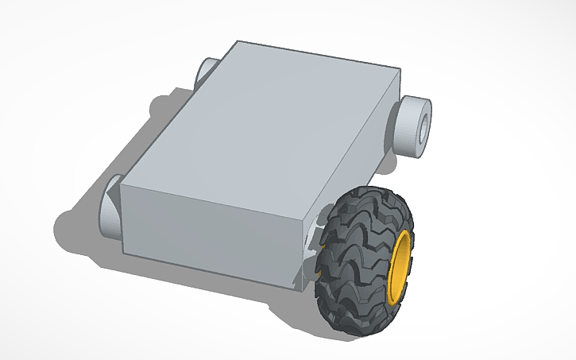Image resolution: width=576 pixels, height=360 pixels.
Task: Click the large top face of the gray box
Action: point(262,127)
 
